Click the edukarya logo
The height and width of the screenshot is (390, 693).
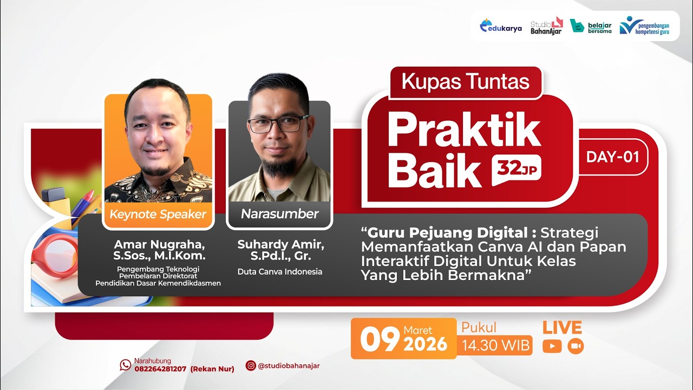[x=501, y=26]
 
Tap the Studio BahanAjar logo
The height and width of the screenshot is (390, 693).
[x=546, y=25]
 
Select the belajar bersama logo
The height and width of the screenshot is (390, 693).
[x=591, y=26]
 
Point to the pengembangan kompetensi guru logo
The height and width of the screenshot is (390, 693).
[x=645, y=25]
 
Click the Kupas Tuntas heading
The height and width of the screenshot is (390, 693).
[x=465, y=82]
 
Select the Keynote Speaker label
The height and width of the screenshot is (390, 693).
[x=158, y=214]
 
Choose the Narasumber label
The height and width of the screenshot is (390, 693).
[x=279, y=214]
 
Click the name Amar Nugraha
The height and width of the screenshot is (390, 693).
[x=159, y=245]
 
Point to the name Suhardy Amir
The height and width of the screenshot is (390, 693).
[x=280, y=245]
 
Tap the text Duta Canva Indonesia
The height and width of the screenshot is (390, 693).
[x=280, y=272]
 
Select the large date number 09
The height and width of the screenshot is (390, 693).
[x=380, y=340]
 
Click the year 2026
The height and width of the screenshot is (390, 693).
[x=426, y=344]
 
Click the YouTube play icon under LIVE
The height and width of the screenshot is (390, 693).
[x=552, y=346]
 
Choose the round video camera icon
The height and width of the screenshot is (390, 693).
[x=576, y=346]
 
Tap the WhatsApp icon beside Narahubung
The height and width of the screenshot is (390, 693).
[x=126, y=365]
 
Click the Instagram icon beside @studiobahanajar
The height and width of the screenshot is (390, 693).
[x=251, y=366]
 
